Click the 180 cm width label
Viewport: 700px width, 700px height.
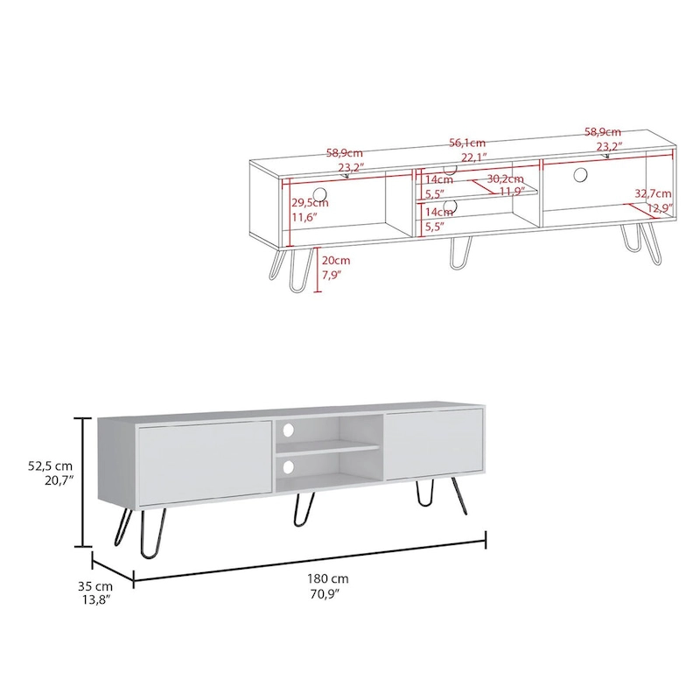tap(329, 578)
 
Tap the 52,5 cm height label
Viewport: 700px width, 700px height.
tap(50, 465)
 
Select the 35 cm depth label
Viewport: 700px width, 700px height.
tap(94, 585)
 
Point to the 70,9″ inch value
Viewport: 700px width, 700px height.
tap(329, 593)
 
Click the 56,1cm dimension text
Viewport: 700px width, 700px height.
tap(467, 143)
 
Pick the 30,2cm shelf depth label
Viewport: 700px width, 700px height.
tap(505, 178)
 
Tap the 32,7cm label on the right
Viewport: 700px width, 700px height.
tap(653, 193)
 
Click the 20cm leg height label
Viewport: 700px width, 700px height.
tap(336, 260)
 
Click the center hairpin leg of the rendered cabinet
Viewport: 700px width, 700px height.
tap(304, 510)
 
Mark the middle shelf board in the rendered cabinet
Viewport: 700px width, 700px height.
tap(328, 448)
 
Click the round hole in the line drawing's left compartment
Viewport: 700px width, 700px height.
tap(320, 193)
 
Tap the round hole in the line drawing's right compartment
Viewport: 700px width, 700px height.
tap(580, 175)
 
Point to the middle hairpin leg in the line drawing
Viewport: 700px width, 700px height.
tap(459, 251)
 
